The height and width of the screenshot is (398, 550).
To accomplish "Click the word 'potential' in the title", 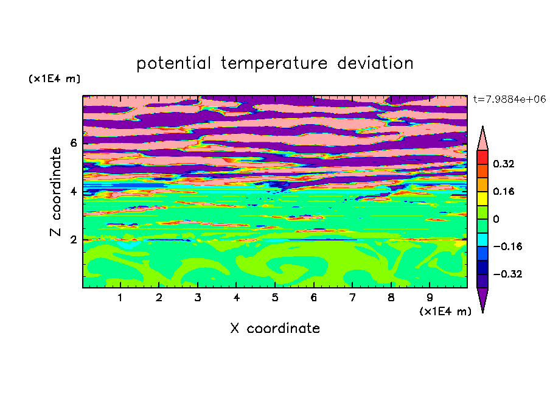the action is [173, 63].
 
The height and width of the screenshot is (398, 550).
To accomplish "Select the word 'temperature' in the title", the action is [274, 63].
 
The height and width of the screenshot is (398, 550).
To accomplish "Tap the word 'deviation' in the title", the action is [375, 63].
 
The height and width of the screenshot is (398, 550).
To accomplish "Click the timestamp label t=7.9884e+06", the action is [509, 99].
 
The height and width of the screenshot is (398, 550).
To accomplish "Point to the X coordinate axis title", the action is [275, 328].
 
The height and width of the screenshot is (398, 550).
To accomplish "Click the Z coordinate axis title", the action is [56, 191].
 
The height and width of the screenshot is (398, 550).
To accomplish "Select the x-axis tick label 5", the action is [275, 298].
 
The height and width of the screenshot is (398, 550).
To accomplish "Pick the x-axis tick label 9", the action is [430, 298].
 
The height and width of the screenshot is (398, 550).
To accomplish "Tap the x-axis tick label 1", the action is [120, 298].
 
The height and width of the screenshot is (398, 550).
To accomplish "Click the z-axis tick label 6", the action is [74, 143].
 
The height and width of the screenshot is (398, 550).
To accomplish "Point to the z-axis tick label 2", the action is [74, 240].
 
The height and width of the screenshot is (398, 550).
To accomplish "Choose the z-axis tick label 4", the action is [74, 192].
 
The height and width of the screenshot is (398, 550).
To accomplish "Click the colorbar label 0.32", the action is [504, 164].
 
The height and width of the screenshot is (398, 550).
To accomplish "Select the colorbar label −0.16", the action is [507, 246].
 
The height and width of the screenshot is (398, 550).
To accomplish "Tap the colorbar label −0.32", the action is [507, 274].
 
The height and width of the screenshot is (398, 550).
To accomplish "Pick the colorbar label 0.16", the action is [504, 191].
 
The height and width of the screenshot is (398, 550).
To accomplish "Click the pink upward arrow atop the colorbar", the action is [482, 139].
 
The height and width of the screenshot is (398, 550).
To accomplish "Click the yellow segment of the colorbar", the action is [482, 198].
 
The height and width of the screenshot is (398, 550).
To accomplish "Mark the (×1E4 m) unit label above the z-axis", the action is [54, 79].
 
